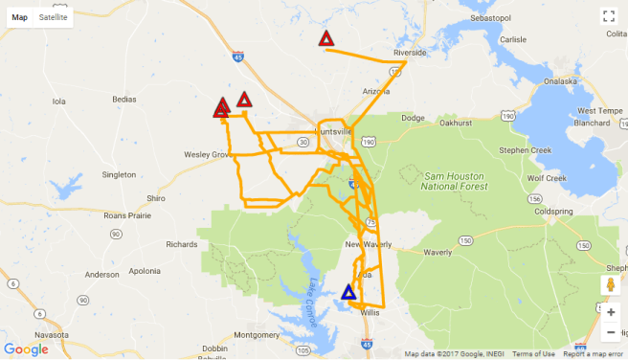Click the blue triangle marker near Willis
pos(348,292)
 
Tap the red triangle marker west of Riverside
pos(326,39)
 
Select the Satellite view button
pos(54,17)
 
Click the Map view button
pos(19,17)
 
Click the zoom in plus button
pos(611,312)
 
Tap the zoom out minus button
pos(611,331)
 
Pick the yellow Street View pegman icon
pos(610,285)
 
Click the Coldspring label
pos(552,211)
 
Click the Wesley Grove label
pos(207,153)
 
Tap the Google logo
pos(26,349)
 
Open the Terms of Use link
pos(533,354)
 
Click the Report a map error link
pos(595,354)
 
